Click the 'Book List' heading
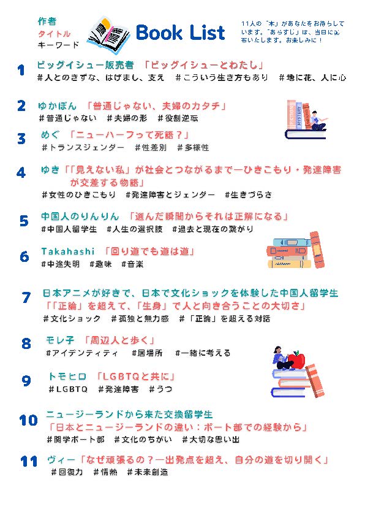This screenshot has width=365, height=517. (x=180, y=33)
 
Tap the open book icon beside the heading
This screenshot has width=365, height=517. (x=109, y=35)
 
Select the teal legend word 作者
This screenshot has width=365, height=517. (x=47, y=21)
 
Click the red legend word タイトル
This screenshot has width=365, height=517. (x=54, y=34)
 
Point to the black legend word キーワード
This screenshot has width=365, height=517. (x=59, y=45)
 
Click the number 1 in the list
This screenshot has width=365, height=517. (x=21, y=71)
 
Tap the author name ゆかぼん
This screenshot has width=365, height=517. (x=57, y=106)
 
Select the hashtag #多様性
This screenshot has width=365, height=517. (x=193, y=147)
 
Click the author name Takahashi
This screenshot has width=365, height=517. (x=68, y=251)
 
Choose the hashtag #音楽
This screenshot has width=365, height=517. (x=132, y=264)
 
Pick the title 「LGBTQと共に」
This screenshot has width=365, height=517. (x=135, y=376)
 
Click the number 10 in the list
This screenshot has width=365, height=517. (x=28, y=420)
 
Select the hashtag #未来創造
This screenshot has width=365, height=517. (x=148, y=472)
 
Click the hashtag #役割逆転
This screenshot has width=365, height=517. (x=178, y=118)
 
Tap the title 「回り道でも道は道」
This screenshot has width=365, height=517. (x=150, y=251)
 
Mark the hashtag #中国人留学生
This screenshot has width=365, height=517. (x=69, y=229)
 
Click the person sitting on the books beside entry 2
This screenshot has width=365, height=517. (x=316, y=121)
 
